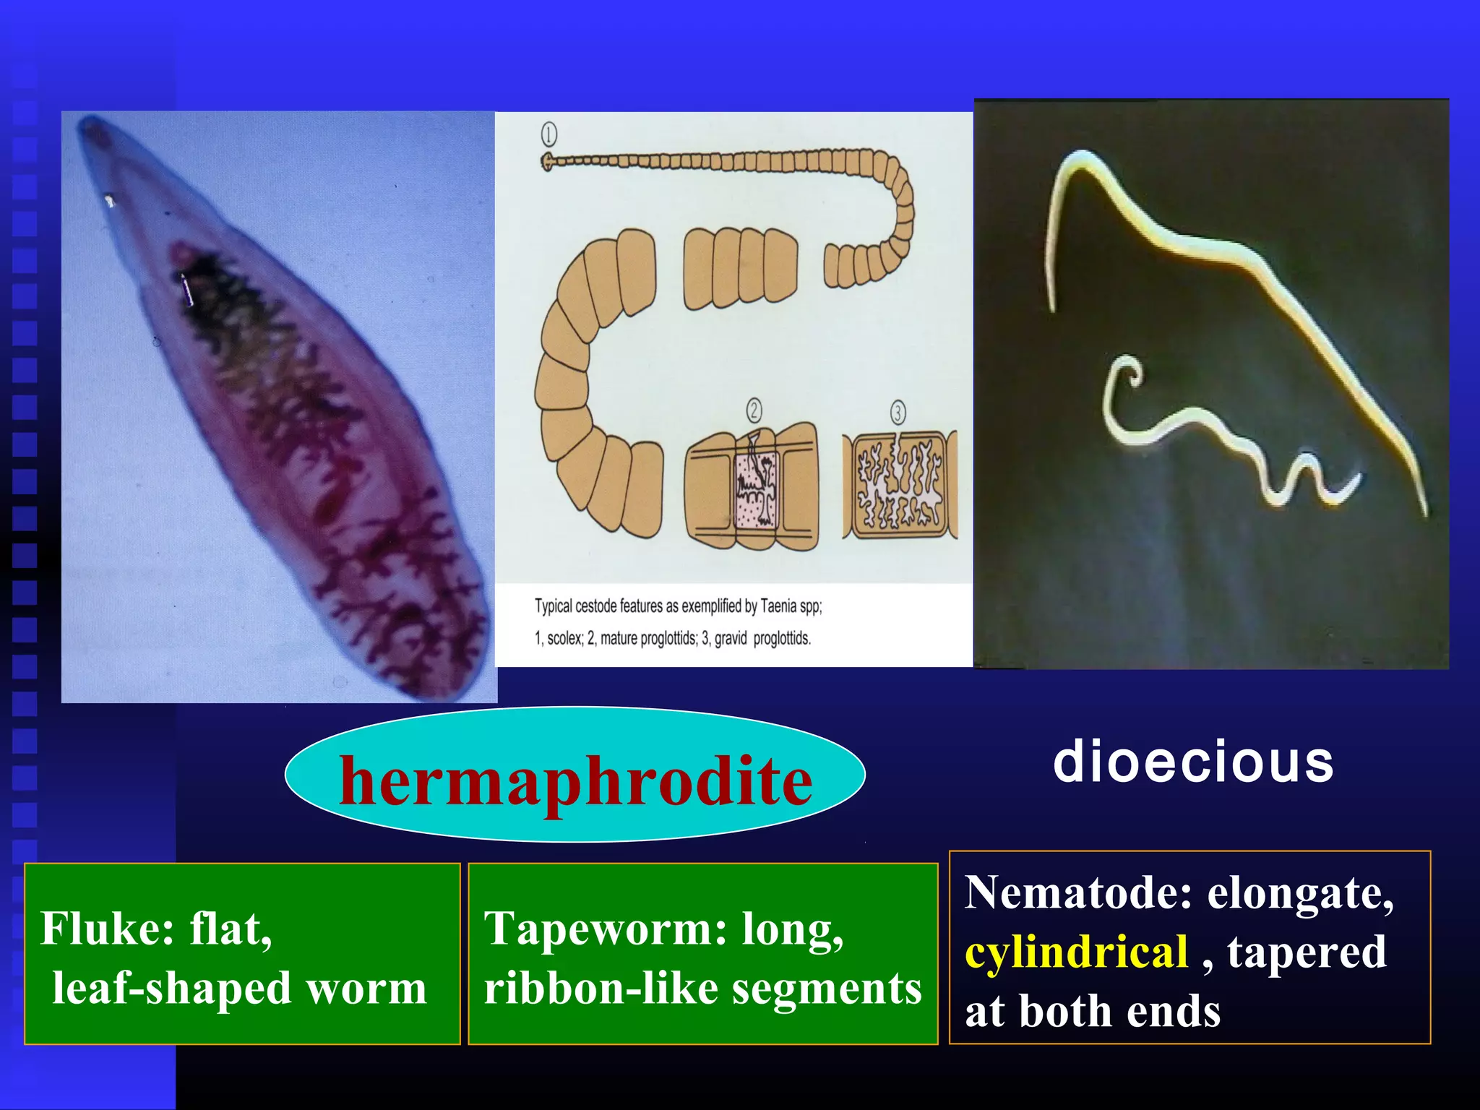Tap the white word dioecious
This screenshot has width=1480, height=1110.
1193,762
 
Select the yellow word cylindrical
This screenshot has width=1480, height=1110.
1076,952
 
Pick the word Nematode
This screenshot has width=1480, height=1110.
1077,893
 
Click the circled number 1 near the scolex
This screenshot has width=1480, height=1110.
549,134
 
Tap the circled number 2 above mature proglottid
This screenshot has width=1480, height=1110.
754,410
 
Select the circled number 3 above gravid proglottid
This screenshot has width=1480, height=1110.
898,413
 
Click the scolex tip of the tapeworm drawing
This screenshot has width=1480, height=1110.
547,161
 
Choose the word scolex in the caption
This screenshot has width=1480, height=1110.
564,638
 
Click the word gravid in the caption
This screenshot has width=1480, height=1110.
730,638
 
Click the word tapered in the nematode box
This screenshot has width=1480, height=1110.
1307,952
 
